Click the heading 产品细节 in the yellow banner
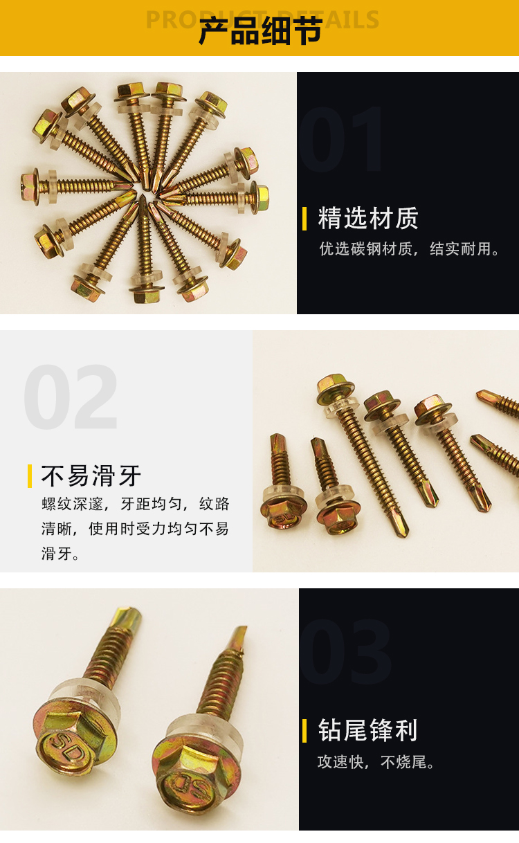(260, 31)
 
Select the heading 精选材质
(368, 218)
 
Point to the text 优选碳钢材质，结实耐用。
(409, 248)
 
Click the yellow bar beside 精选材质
(304, 218)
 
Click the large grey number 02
(71, 397)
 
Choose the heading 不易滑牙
(91, 475)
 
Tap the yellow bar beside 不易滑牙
(30, 476)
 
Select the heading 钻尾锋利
(367, 730)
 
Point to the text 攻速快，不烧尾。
(376, 762)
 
